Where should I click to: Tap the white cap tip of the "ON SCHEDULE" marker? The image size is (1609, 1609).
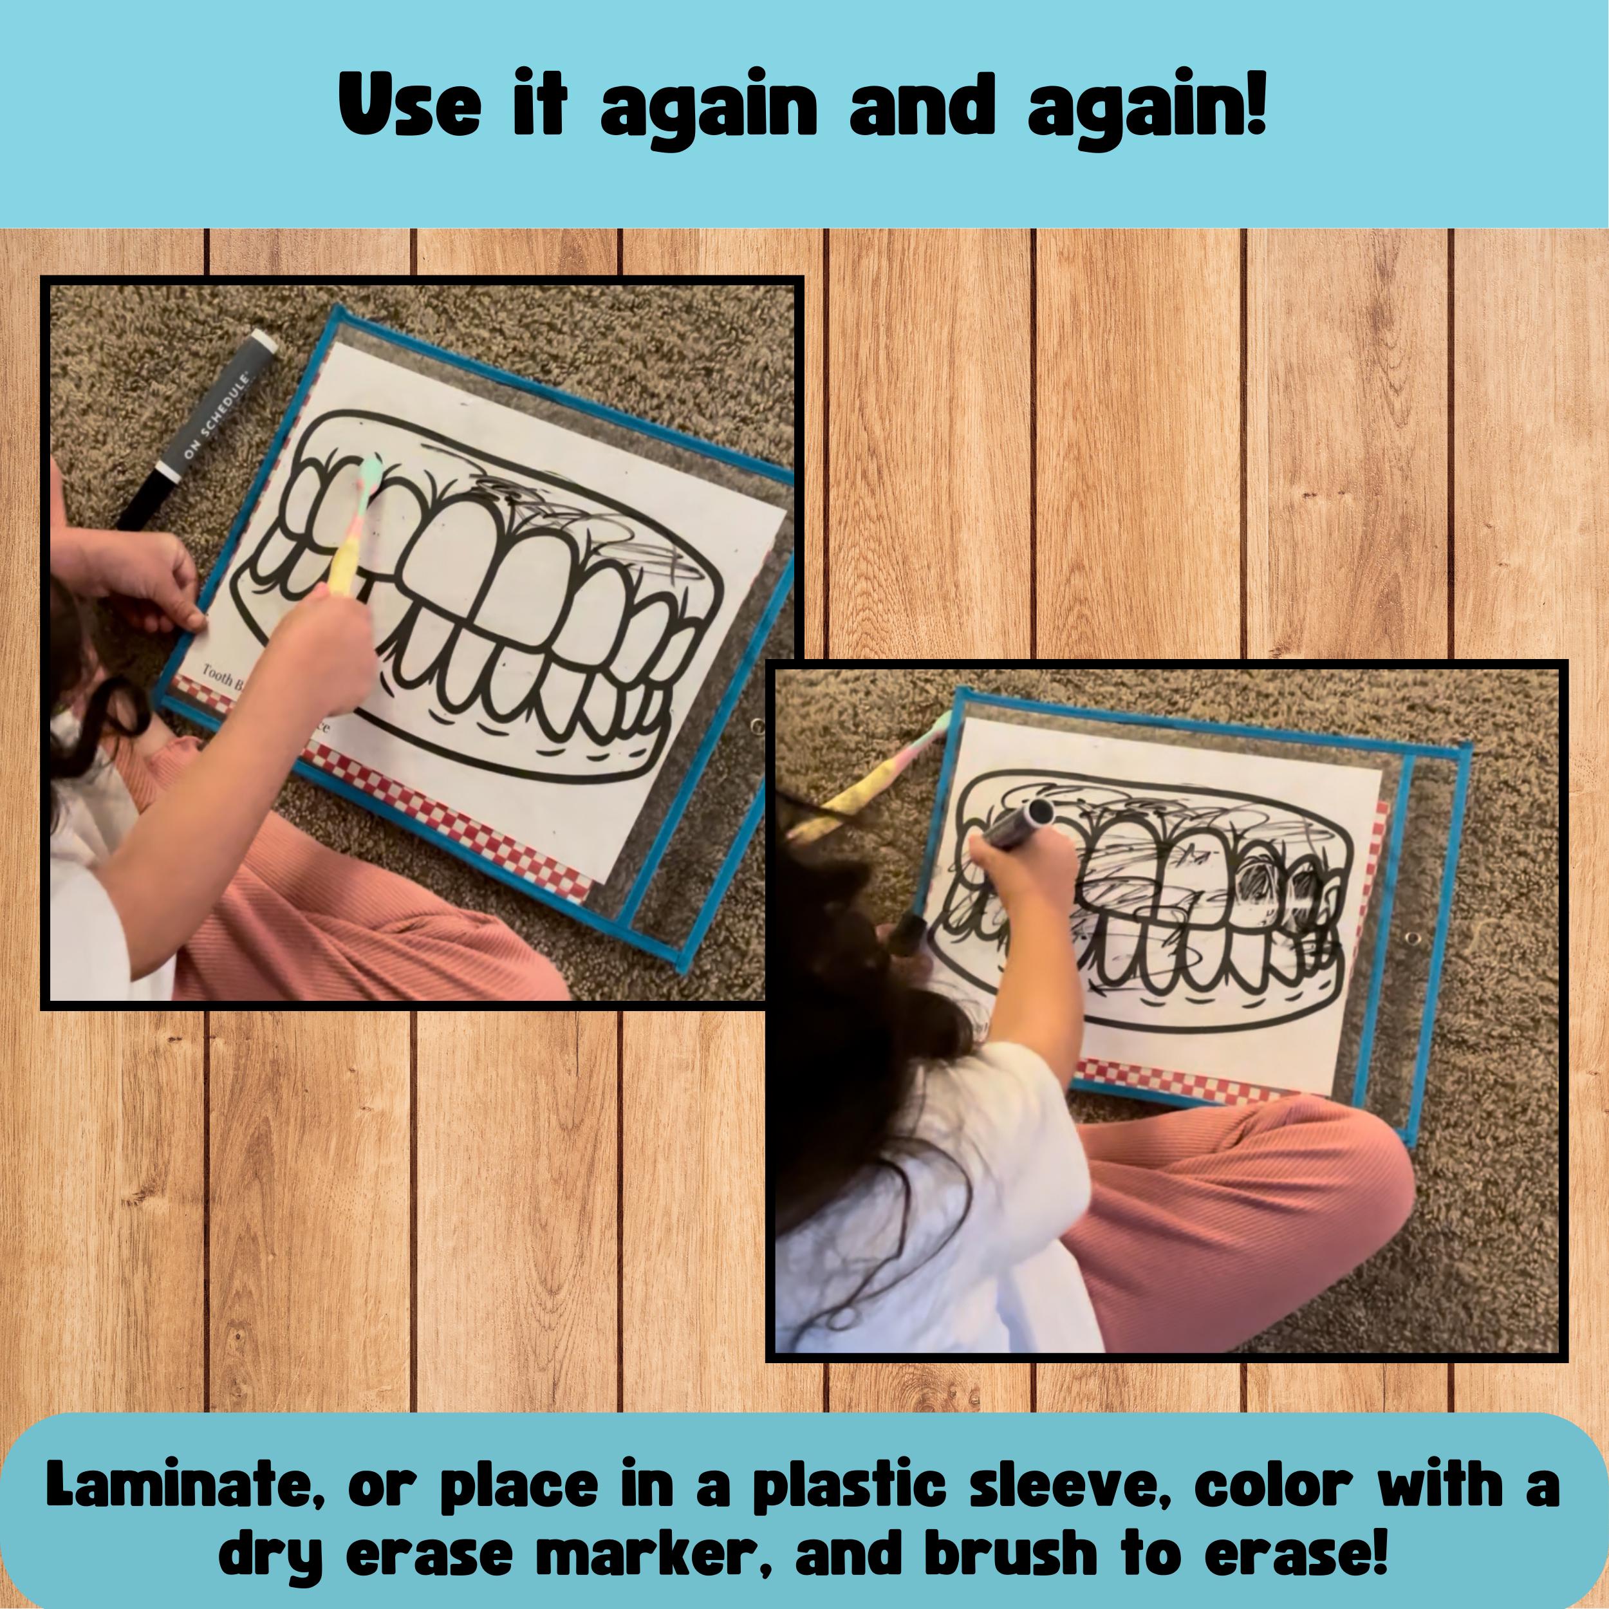point(264,342)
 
